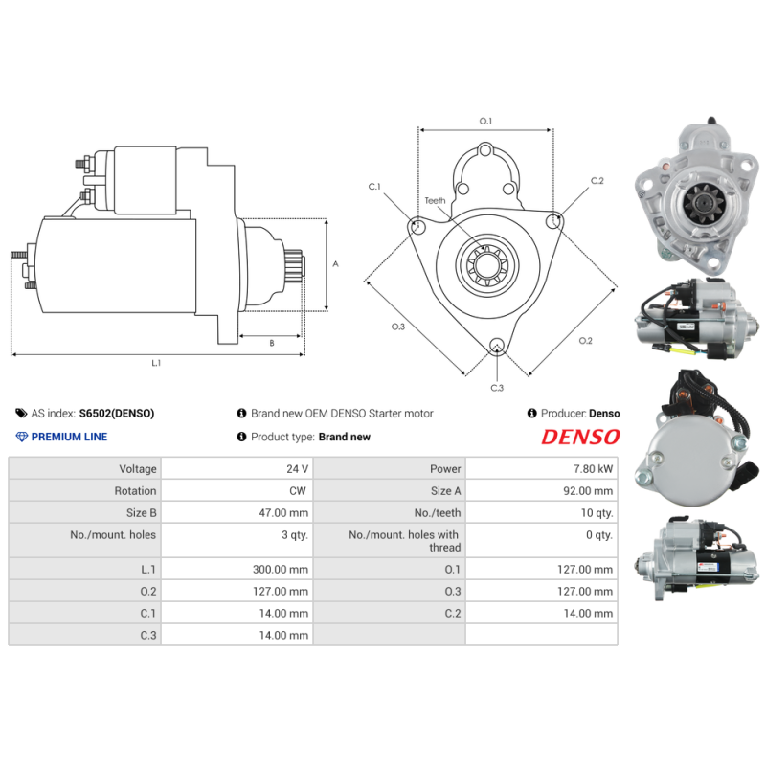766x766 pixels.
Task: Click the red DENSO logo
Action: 580,437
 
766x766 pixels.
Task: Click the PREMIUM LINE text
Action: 69,437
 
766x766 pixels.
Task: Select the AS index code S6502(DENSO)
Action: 116,414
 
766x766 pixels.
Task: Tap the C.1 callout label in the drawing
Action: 374,187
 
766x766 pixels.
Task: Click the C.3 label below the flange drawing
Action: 497,388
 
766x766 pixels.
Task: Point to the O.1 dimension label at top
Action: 485,122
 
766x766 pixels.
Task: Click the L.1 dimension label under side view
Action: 156,363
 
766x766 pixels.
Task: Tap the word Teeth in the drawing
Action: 436,201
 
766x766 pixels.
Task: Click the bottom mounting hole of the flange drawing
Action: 497,346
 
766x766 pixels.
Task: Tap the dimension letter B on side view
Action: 271,342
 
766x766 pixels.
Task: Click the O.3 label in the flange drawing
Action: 398,327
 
